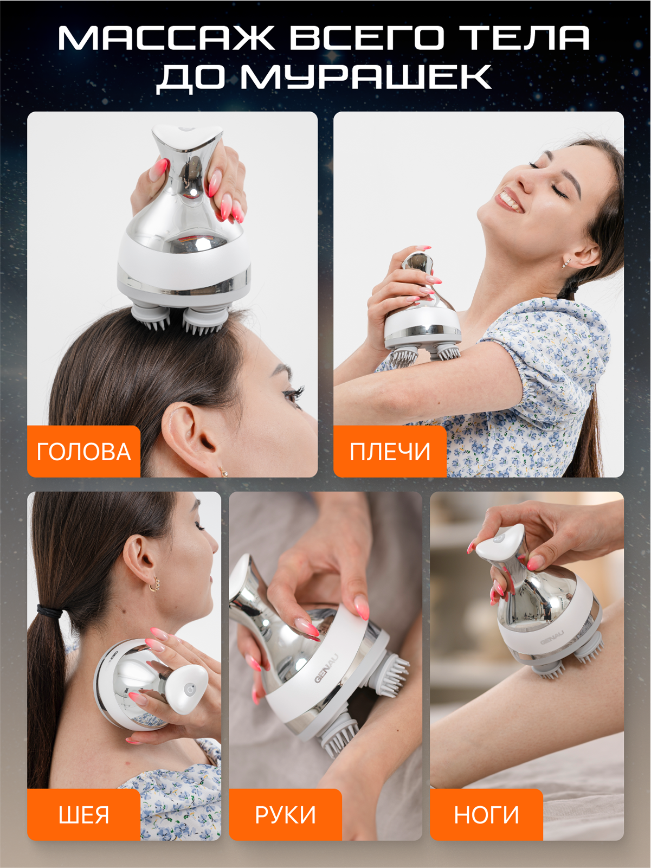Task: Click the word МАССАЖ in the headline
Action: (166, 38)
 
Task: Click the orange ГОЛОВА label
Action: (83, 452)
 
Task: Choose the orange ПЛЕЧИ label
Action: (390, 452)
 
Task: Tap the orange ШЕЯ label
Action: (83, 815)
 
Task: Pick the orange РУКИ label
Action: (285, 815)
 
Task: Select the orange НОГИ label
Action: (486, 815)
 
